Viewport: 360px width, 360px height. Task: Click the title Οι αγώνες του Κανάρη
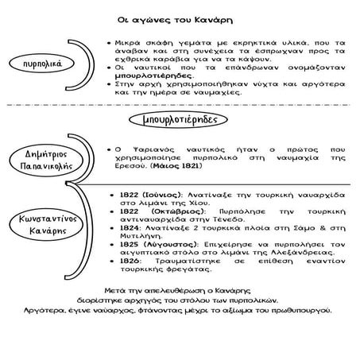(180, 18)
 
